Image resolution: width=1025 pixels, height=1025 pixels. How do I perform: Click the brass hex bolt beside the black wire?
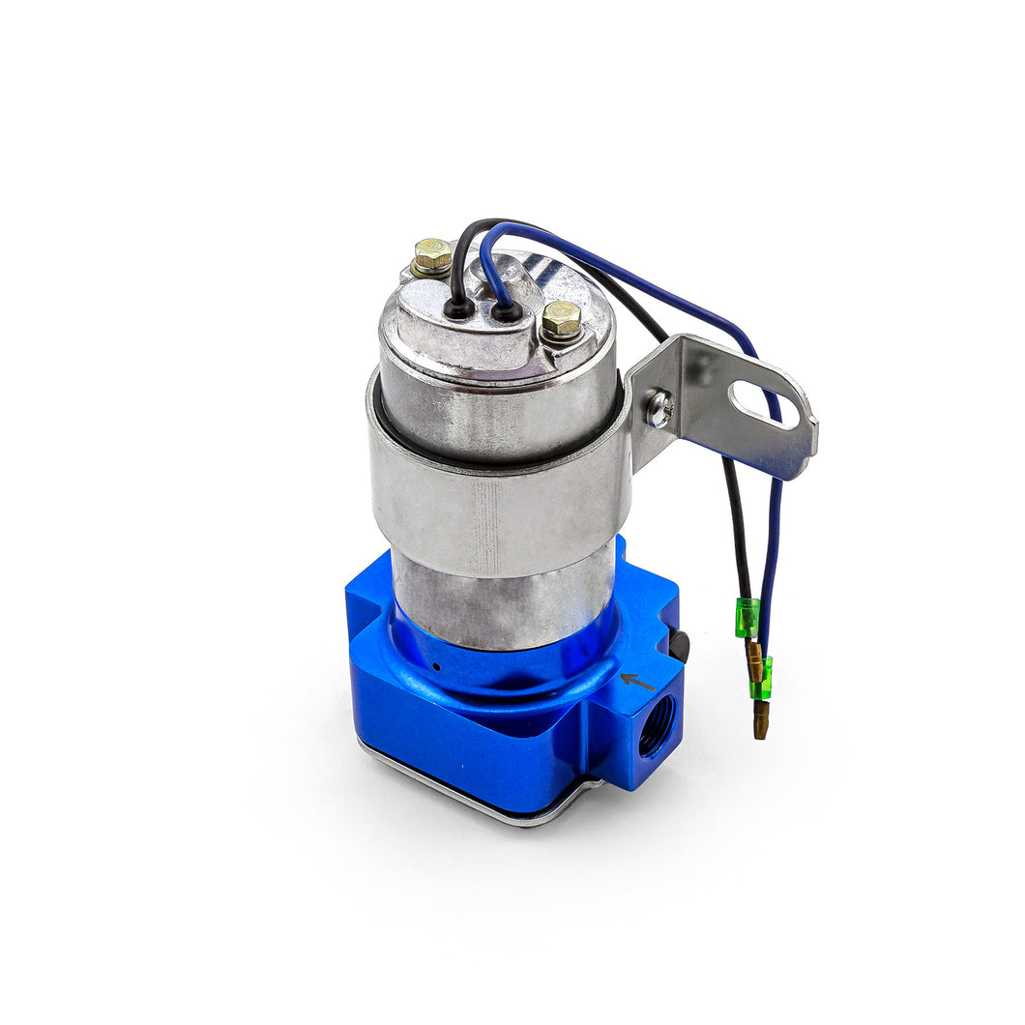pyautogui.click(x=432, y=255)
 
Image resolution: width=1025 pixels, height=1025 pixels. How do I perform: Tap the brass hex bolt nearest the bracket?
pyautogui.click(x=561, y=318)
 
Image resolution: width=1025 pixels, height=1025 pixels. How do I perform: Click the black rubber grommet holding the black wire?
pyautogui.click(x=459, y=309)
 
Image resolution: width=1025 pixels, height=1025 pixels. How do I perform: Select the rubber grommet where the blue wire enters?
pyautogui.click(x=504, y=311)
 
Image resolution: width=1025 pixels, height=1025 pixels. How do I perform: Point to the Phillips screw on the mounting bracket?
pyautogui.click(x=660, y=408)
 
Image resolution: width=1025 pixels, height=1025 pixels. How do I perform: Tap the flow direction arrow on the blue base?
pyautogui.click(x=636, y=681)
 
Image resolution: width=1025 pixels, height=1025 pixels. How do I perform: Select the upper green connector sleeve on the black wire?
pyautogui.click(x=746, y=617)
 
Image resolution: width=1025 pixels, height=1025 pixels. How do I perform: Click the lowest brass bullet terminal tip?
pyautogui.click(x=761, y=723)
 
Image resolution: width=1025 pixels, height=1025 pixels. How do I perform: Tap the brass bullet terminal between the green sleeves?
pyautogui.click(x=754, y=660)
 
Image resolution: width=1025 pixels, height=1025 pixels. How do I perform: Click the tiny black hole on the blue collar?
pyautogui.click(x=437, y=666)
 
